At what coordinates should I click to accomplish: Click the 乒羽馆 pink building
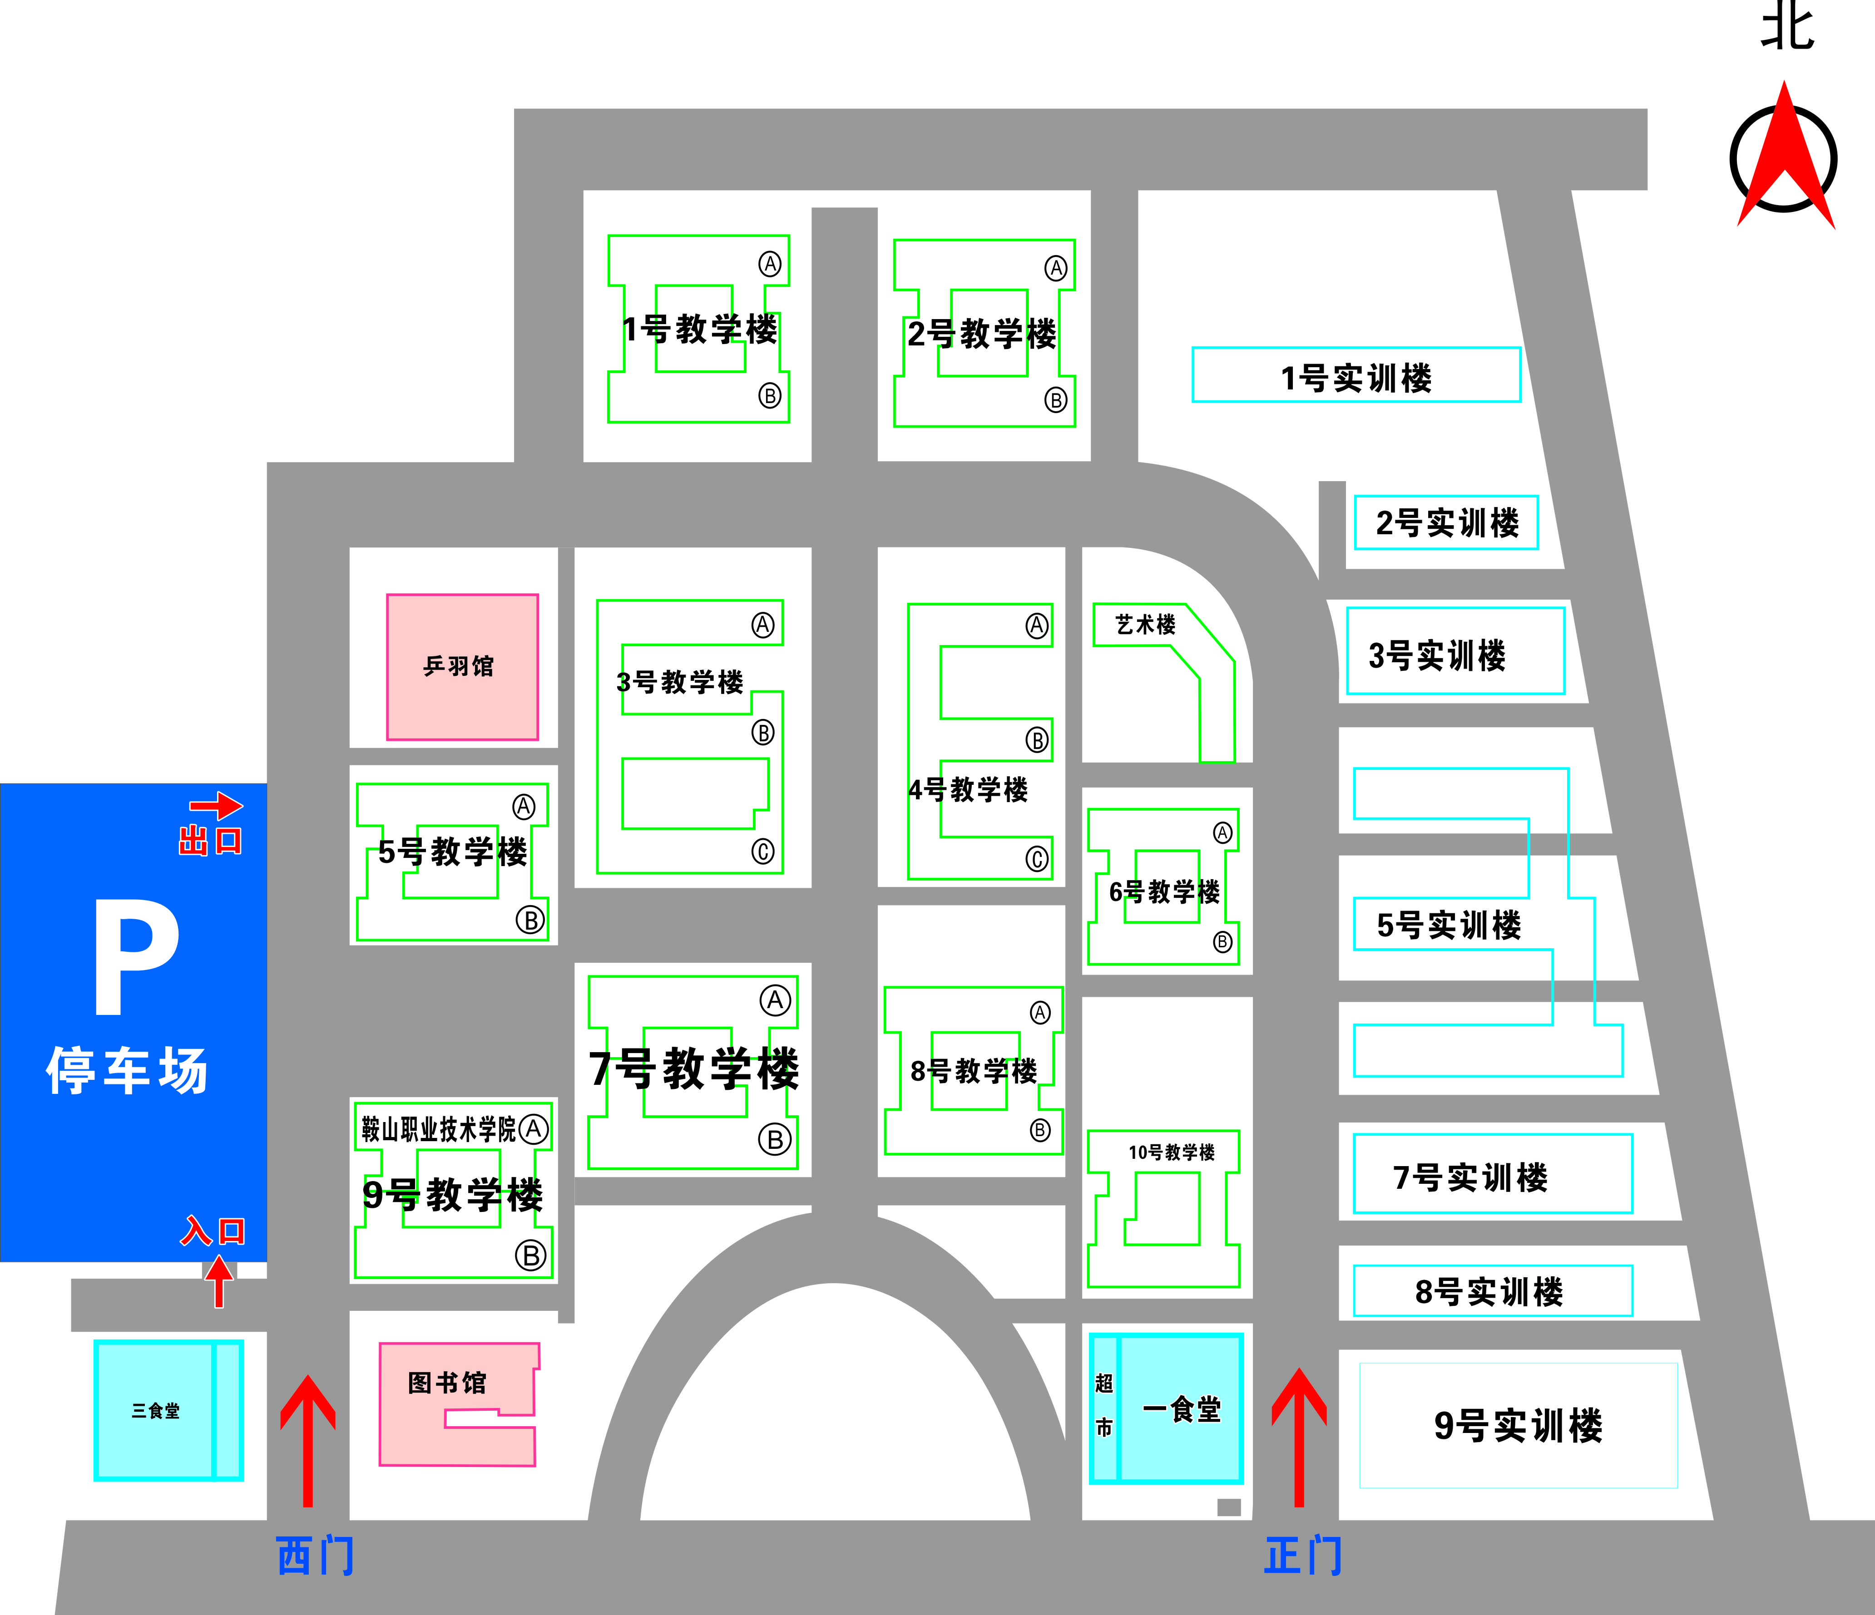(x=461, y=667)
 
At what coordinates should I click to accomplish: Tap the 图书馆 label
(x=447, y=1383)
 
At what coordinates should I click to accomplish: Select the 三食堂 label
(x=156, y=1411)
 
